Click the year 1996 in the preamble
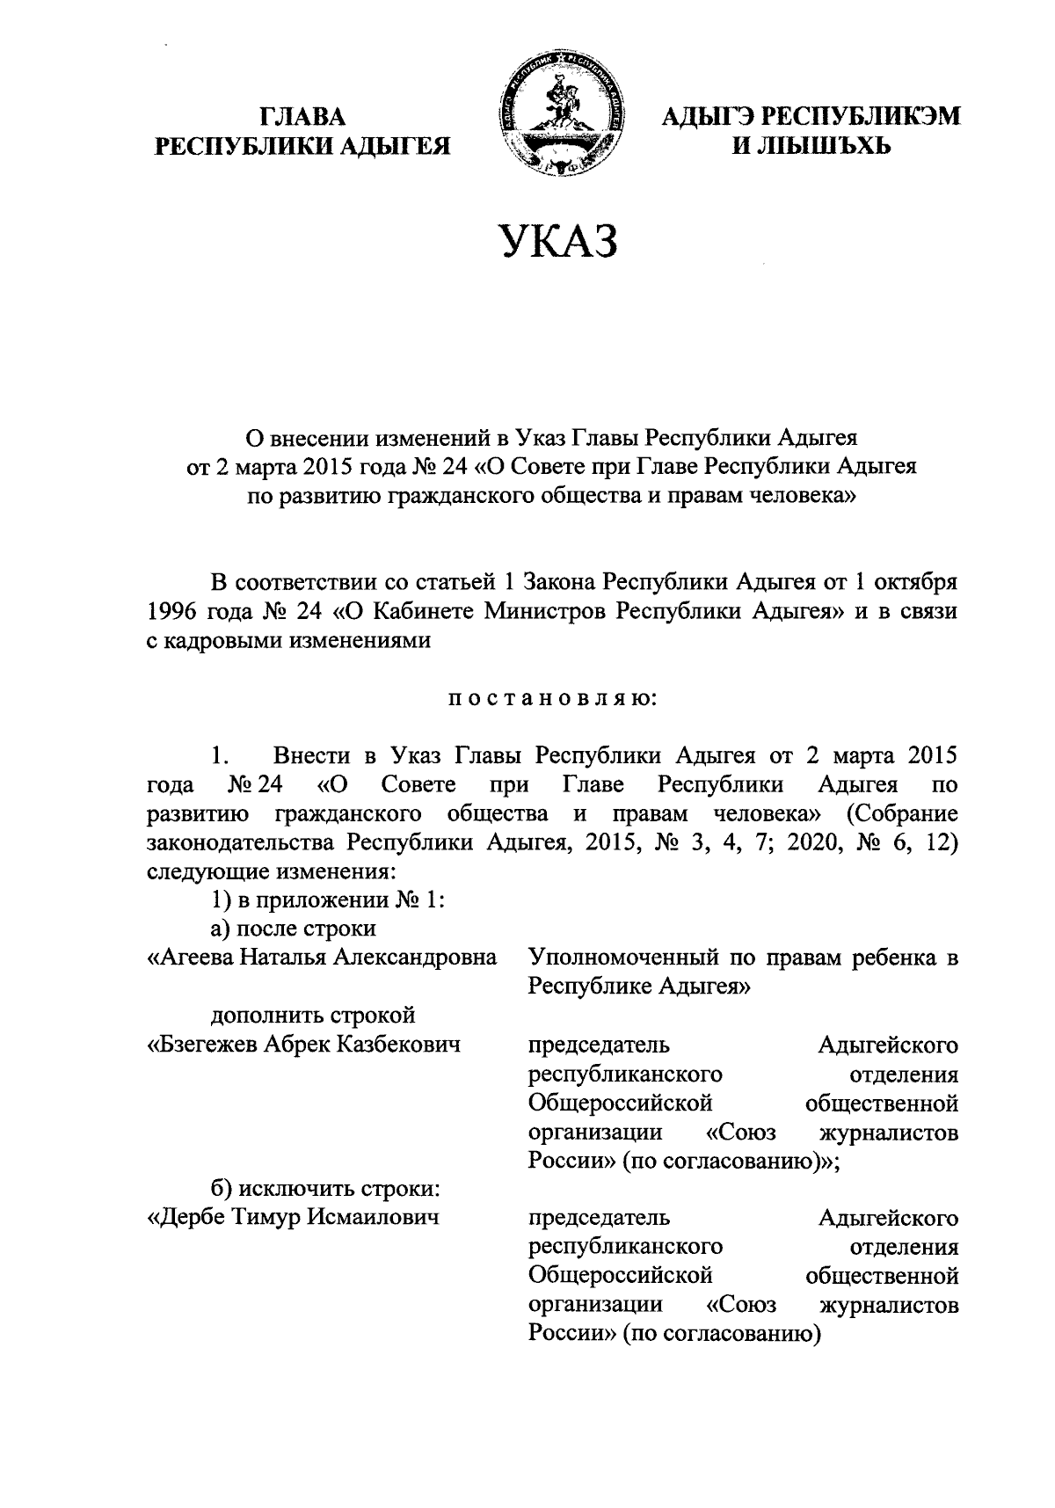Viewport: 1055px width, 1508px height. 173,611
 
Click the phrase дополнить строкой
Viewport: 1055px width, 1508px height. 312,1016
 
